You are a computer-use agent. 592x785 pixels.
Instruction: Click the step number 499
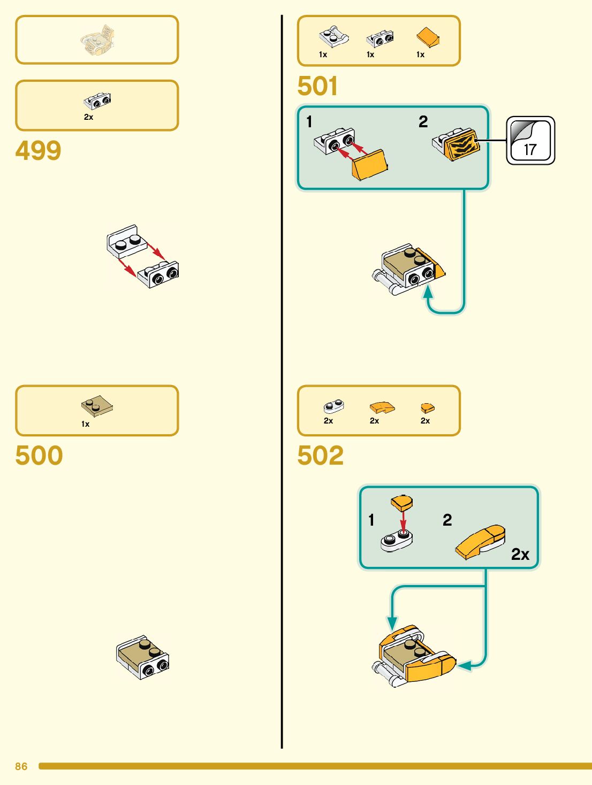(x=38, y=151)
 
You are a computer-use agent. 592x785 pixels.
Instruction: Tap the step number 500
(x=39, y=456)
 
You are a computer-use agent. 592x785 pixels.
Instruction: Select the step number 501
(x=317, y=86)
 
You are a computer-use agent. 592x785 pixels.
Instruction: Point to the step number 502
(x=320, y=456)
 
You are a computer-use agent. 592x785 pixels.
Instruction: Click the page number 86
(x=21, y=766)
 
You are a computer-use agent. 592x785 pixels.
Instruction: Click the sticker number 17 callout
(x=530, y=141)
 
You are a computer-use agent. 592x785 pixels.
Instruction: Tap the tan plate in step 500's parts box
(x=97, y=406)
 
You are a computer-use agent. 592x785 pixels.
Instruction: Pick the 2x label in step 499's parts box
(x=88, y=117)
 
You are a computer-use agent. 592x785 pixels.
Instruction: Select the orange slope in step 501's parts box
(x=428, y=37)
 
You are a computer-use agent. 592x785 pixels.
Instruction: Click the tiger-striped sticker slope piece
(x=458, y=144)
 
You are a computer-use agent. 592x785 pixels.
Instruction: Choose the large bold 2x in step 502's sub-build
(x=520, y=555)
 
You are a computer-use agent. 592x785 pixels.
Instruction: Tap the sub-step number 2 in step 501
(x=423, y=122)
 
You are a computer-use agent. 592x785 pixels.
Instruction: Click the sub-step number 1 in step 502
(x=371, y=520)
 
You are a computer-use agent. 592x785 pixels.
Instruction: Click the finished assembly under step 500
(x=143, y=657)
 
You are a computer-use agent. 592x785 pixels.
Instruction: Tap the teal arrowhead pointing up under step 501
(x=428, y=292)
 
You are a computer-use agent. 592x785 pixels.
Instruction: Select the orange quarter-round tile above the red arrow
(x=401, y=502)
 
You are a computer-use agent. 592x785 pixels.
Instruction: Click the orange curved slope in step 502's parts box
(x=382, y=408)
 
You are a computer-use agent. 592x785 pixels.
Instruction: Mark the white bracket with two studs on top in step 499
(x=126, y=241)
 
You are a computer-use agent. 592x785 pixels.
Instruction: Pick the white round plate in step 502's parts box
(x=333, y=407)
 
